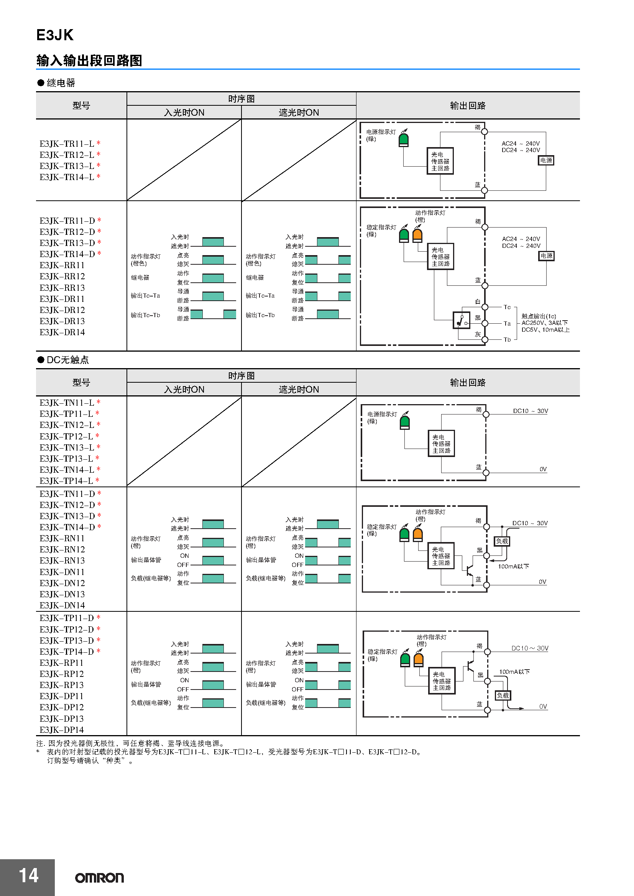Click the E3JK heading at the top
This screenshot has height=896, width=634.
tap(55, 35)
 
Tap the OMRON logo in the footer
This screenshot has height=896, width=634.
tap(99, 878)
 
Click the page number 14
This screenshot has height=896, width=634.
tap(28, 875)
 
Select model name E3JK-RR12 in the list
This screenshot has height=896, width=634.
tap(62, 276)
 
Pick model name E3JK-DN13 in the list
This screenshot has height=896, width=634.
tap(62, 594)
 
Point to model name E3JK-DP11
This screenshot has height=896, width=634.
tap(61, 696)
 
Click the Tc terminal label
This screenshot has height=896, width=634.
tap(507, 307)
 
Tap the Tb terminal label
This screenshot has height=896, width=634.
tap(507, 339)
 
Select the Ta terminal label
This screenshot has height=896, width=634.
tap(507, 324)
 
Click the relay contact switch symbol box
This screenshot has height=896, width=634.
tap(461, 320)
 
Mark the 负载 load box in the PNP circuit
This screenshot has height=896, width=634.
tap(503, 695)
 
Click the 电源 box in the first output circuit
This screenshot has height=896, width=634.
tap(546, 161)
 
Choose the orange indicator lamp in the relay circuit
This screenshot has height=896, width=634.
tap(417, 235)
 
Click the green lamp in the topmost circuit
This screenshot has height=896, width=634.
tap(403, 140)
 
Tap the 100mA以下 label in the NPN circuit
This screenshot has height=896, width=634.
tap(513, 566)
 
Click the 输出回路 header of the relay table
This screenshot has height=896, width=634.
tap(467, 106)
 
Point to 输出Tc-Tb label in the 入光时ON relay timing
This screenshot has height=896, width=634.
tap(145, 315)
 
